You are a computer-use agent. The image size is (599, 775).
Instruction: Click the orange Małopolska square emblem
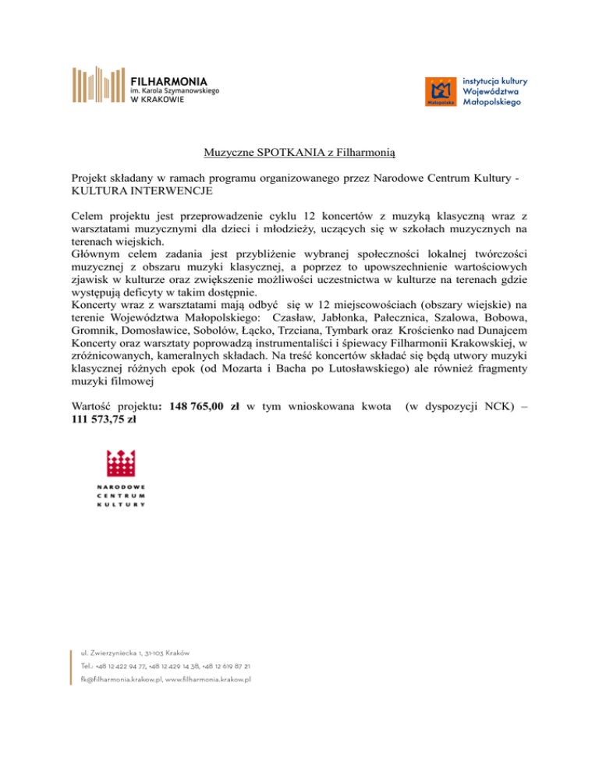click(440, 91)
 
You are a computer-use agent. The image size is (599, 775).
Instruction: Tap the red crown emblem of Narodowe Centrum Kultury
click(122, 464)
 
